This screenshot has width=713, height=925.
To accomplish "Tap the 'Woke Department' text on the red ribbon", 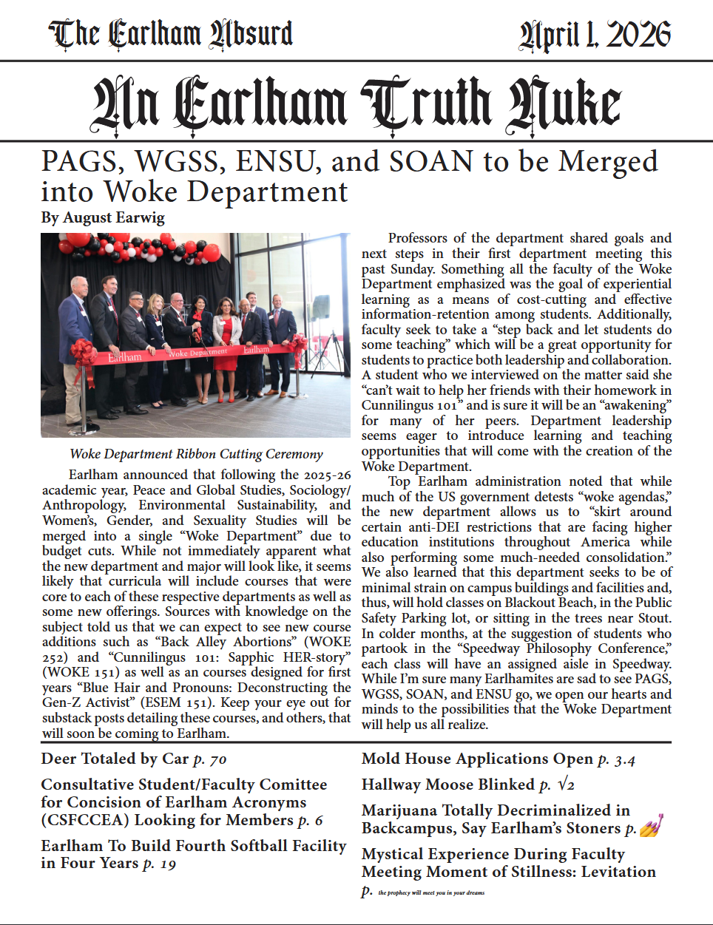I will point(197,353).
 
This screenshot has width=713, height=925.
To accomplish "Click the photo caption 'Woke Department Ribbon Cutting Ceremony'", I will point(196,454).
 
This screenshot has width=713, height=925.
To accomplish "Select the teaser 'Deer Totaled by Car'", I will point(115,759).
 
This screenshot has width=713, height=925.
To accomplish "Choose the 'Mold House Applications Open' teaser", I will point(477,759).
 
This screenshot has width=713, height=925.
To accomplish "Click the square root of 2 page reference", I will point(566,785).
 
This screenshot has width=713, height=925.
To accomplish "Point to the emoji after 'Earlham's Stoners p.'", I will point(651,825).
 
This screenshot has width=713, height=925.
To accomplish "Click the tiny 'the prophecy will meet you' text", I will point(431,892).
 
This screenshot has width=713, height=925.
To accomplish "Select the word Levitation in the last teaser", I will point(618,872).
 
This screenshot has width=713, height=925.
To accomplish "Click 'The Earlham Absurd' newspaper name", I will point(171,34).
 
